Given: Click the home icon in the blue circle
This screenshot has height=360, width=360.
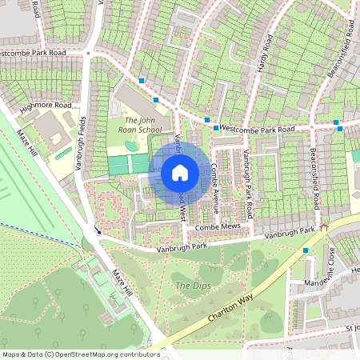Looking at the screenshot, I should tap(180, 172).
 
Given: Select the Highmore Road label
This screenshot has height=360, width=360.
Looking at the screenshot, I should tap(46, 106).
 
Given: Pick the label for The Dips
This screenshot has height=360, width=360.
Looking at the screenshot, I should tap(192, 286).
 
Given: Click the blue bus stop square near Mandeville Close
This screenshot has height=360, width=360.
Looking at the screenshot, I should tap(305, 250).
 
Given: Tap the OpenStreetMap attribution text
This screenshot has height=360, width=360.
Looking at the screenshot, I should tap(80, 354).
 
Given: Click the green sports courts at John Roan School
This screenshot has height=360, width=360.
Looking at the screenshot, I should tap(128, 164).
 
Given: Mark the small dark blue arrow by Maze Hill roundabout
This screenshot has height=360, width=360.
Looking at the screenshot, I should tap(97, 230).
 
